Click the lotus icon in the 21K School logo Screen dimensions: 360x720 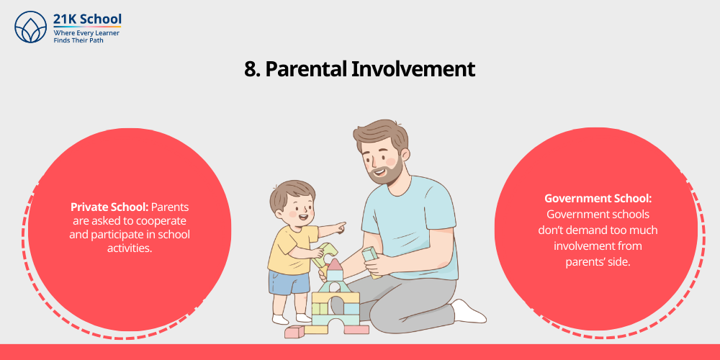[x=30, y=27]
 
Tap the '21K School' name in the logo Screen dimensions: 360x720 [x=87, y=19]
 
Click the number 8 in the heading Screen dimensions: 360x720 [x=251, y=69]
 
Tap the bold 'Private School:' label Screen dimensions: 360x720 [x=109, y=207]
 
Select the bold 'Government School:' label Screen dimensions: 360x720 [x=597, y=199]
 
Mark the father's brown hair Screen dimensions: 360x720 [x=377, y=132]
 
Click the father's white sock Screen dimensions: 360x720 [x=469, y=311]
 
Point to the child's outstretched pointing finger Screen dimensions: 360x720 [x=341, y=225]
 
